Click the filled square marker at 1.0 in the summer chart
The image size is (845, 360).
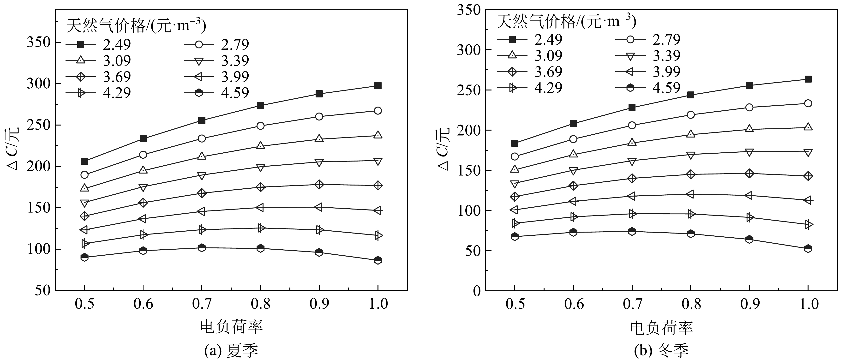(x=378, y=86)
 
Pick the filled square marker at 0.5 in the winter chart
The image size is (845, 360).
(x=515, y=143)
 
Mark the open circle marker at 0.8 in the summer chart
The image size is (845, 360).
(x=260, y=126)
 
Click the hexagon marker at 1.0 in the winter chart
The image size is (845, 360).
(x=808, y=248)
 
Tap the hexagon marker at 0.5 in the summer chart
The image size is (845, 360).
(x=84, y=257)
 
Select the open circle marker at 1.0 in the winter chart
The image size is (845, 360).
(x=808, y=103)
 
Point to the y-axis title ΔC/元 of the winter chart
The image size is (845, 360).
(x=443, y=150)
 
